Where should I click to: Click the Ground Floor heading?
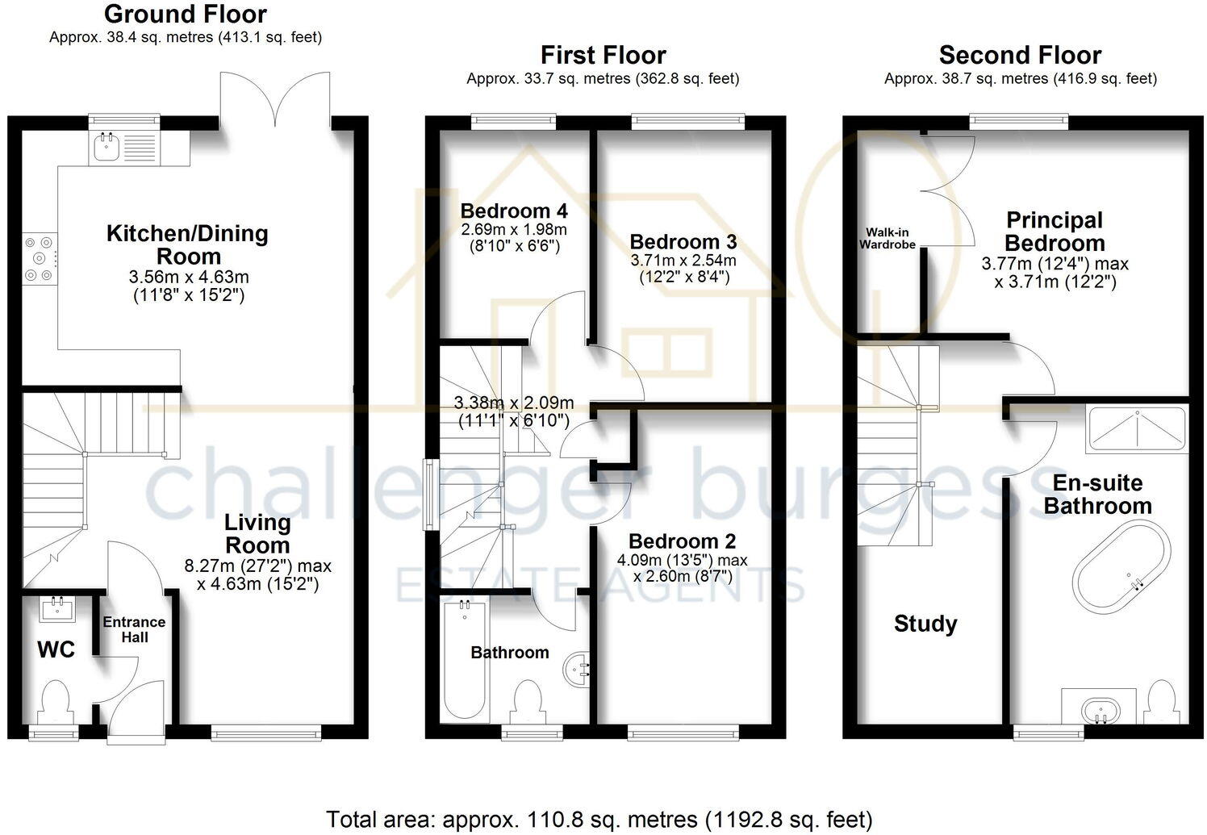186,14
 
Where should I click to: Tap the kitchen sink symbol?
105,147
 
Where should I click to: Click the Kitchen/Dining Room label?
187,245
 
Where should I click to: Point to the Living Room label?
257,533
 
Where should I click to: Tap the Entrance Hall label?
134,629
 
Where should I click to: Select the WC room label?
56,649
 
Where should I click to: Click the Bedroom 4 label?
514,211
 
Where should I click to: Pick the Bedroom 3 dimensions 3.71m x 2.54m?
683,261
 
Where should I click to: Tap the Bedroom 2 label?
682,541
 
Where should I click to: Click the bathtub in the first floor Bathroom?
464,662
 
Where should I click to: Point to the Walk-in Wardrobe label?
887,238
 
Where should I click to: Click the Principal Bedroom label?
1055,232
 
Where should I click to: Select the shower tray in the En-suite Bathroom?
1138,428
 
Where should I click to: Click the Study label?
925,624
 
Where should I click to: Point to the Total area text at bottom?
599,820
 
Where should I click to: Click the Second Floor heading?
1020,56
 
